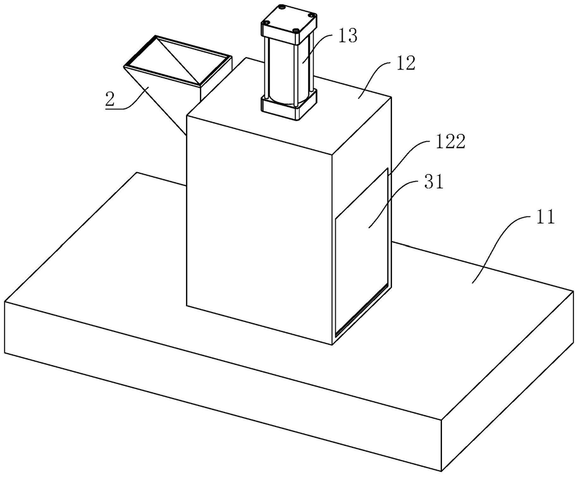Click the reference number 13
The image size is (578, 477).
tap(347, 36)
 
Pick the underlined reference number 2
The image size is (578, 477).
tap(110, 99)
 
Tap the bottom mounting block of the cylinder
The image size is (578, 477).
tap(288, 105)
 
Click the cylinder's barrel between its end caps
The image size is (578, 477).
tap(288, 66)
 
